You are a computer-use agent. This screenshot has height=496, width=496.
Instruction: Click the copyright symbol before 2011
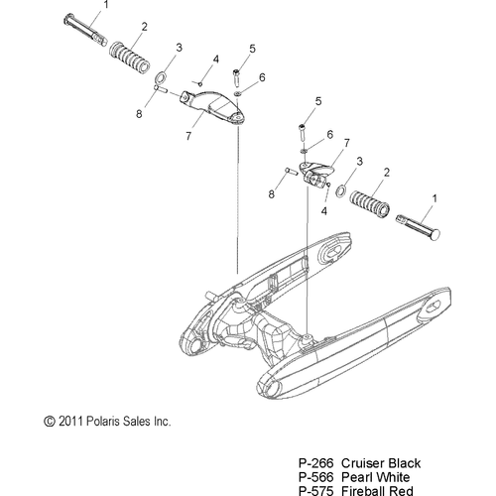coord(50,422)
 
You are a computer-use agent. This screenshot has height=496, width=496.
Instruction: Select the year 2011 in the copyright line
coord(70,422)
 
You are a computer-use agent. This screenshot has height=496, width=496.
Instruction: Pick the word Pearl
coord(356,477)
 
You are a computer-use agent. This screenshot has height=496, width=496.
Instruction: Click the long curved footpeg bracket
coord(215,106)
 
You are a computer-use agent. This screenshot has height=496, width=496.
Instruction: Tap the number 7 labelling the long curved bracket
coord(188,136)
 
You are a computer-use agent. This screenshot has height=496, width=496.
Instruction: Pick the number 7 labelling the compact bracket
coord(346,143)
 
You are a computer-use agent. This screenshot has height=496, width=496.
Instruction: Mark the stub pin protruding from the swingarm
coord(209,295)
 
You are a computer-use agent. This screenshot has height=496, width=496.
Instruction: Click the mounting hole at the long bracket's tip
coord(237,117)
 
